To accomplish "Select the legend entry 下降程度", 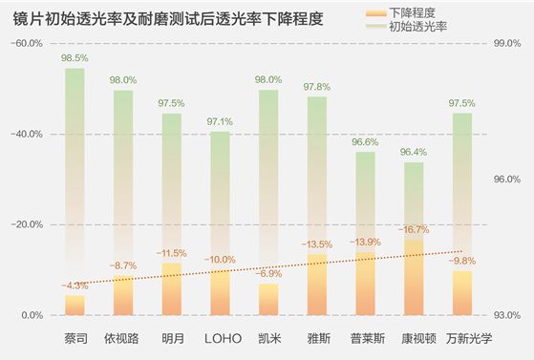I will [409, 12].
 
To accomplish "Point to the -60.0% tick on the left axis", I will [26, 44].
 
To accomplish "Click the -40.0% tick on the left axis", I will [26, 135].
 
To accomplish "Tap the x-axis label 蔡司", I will [75, 337].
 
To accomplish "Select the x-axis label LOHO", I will [221, 337].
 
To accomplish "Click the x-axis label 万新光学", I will [462, 337].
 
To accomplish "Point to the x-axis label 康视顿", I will [414, 337].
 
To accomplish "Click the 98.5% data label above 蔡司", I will [75, 58].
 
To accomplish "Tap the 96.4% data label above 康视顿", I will [414, 152].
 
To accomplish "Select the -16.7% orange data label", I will [414, 230].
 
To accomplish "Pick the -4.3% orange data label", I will [75, 286].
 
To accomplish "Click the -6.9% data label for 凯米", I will [268, 274].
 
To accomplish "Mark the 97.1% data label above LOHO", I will [221, 122].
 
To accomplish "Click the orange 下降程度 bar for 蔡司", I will [75, 305].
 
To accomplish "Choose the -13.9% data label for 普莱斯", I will [365, 243].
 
